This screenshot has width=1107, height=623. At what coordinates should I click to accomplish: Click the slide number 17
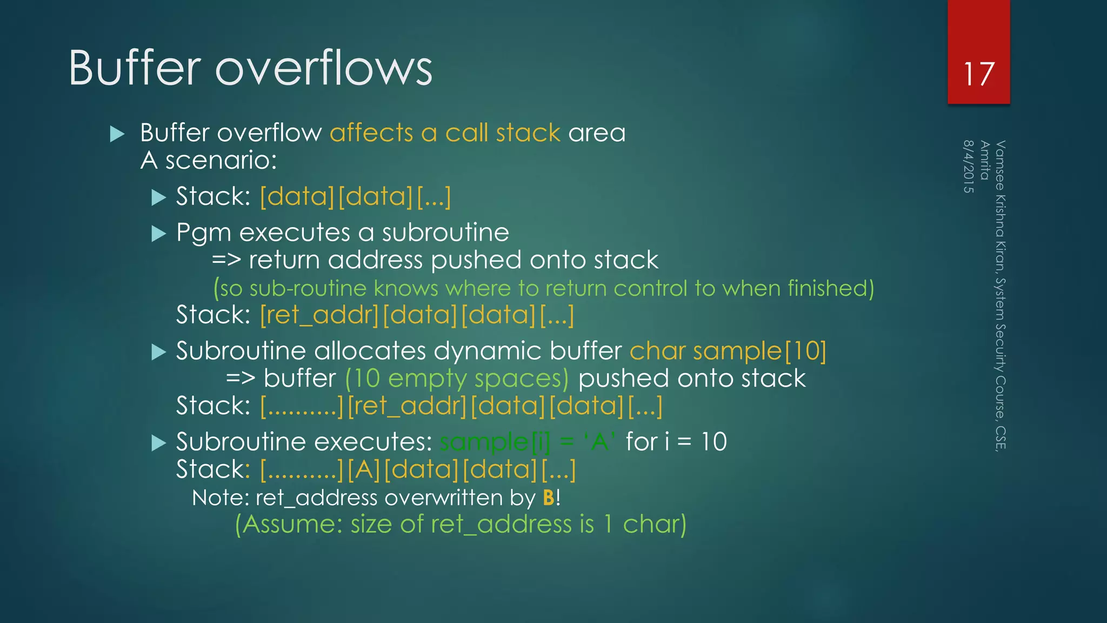(x=978, y=74)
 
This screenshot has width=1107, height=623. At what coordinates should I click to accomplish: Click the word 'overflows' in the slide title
(x=324, y=68)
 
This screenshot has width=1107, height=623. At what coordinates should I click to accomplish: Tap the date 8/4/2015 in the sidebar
(x=969, y=167)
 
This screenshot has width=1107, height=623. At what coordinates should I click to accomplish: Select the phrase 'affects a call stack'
(x=445, y=133)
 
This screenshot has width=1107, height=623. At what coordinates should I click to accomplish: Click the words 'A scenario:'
(x=209, y=161)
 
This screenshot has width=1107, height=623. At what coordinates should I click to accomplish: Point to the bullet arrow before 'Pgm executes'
(x=158, y=234)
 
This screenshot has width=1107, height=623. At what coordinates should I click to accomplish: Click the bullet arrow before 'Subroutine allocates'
(x=158, y=352)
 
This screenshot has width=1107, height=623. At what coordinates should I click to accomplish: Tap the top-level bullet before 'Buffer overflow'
(x=117, y=134)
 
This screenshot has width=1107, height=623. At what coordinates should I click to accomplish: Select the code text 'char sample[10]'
(x=728, y=352)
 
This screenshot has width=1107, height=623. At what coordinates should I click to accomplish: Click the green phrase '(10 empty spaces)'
(x=457, y=379)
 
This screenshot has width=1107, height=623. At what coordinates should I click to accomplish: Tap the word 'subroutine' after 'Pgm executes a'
(x=445, y=233)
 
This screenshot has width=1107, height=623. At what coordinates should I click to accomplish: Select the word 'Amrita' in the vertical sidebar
(x=985, y=160)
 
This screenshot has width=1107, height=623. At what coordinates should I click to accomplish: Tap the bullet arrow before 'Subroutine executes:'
(x=158, y=443)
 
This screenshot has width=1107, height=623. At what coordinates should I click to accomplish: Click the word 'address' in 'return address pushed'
(x=375, y=261)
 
